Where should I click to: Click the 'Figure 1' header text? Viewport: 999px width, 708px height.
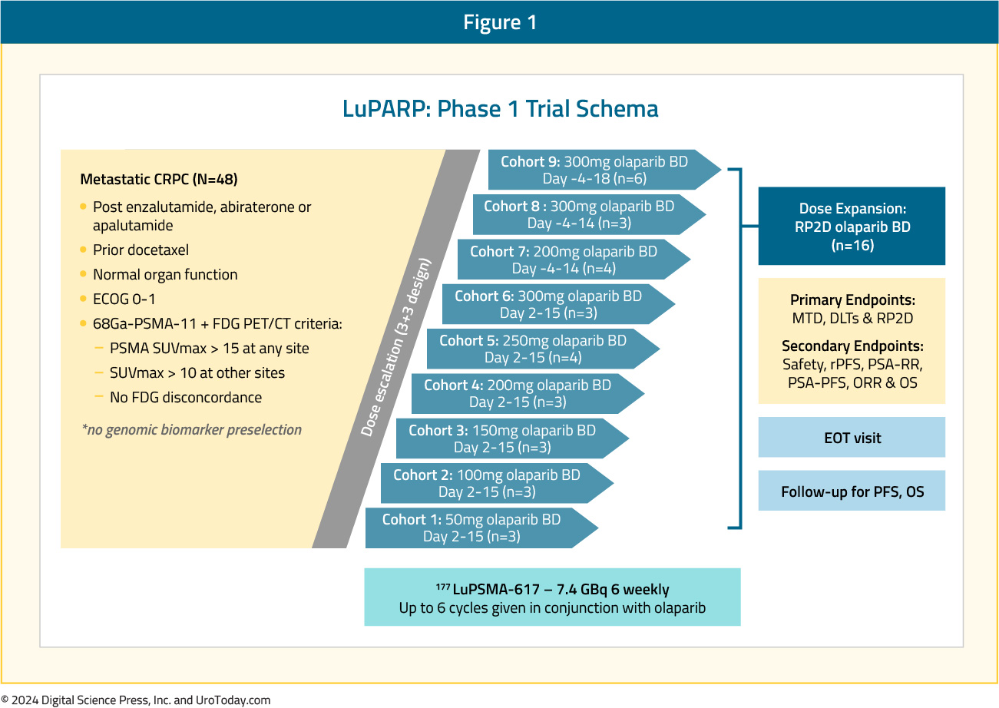[x=499, y=22]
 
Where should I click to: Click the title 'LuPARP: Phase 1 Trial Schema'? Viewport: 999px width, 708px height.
[x=500, y=108]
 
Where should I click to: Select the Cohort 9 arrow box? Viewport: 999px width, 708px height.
[x=604, y=170]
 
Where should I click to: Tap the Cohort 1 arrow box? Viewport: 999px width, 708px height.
[x=481, y=528]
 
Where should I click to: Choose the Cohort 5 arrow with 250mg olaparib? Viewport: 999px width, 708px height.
[x=543, y=349]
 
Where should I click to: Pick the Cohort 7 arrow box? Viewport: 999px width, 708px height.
[x=574, y=260]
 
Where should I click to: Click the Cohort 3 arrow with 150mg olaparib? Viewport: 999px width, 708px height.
[x=512, y=438]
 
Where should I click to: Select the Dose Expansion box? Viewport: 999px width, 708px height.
[x=852, y=226]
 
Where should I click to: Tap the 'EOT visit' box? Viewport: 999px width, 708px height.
[x=852, y=437]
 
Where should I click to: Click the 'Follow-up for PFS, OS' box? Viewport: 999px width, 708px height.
[x=852, y=490]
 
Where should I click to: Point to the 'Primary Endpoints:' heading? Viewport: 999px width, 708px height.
[x=852, y=299]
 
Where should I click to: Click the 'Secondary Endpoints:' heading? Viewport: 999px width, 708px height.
[x=852, y=346]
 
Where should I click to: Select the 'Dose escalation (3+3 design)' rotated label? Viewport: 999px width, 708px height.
[x=396, y=347]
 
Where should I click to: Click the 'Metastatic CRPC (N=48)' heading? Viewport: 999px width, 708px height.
[x=159, y=180]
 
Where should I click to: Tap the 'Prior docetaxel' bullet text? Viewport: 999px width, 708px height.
[x=141, y=250]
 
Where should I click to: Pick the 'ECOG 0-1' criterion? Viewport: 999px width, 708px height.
[x=124, y=299]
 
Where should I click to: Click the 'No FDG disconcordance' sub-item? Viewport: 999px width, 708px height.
[x=186, y=397]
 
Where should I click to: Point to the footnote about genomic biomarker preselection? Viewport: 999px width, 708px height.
[x=192, y=429]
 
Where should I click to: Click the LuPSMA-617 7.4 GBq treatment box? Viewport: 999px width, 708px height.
[x=552, y=597]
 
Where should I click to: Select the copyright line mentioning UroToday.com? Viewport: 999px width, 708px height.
[x=136, y=700]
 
